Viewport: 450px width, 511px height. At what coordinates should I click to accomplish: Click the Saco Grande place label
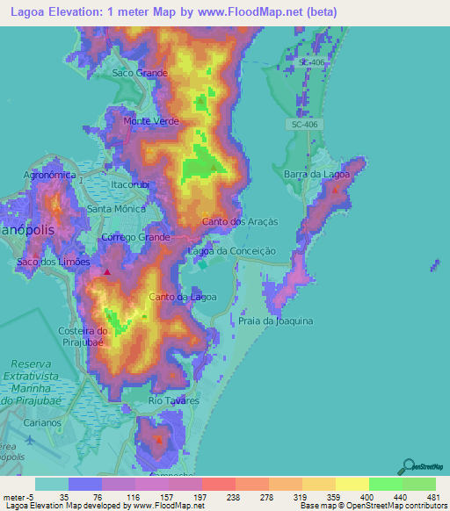click(x=140, y=73)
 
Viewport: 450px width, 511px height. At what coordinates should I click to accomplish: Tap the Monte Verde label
click(x=147, y=120)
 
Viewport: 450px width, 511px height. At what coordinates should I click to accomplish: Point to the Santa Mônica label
click(x=116, y=209)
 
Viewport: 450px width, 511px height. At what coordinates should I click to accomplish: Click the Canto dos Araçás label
click(x=240, y=222)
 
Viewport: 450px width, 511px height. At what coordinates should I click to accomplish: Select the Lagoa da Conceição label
click(x=233, y=251)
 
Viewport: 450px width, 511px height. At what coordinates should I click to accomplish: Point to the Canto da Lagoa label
click(x=183, y=297)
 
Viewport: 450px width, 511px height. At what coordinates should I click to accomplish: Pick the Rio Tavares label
click(x=174, y=400)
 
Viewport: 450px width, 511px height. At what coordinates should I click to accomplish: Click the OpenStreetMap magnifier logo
click(x=408, y=465)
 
